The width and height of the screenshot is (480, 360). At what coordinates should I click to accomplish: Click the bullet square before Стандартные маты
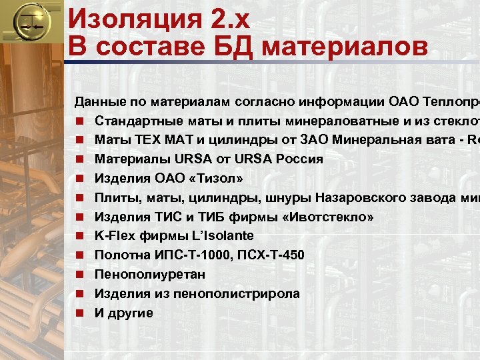click(79, 121)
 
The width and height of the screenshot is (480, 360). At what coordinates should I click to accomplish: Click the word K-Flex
click(112, 235)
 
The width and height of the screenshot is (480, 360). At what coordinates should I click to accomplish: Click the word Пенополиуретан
click(150, 274)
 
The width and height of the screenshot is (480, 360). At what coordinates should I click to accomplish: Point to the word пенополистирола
click(244, 293)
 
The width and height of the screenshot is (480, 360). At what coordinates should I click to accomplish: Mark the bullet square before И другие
click(79, 313)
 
